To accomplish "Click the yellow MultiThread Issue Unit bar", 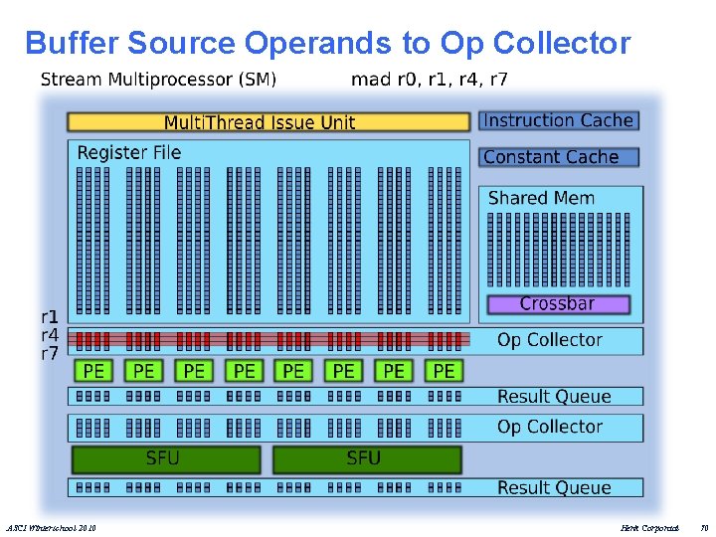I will point(268,122).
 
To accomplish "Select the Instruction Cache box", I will point(558,120).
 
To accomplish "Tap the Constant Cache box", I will point(558,157).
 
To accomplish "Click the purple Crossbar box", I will point(558,303).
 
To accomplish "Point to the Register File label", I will point(129,152).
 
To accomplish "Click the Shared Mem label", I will point(541,198).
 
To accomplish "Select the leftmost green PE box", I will point(93,371).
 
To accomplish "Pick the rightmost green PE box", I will point(444,371).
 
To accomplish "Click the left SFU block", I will point(165,458).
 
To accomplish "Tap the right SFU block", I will point(365,458).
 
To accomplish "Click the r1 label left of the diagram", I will point(50,315).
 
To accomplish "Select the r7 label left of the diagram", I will point(50,353).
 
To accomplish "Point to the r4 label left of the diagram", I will point(50,334).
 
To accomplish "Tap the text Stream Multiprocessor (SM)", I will point(158,79).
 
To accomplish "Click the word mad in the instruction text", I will point(370,79).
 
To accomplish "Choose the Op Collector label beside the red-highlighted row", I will point(550,340).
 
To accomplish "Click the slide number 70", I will point(704,526).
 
